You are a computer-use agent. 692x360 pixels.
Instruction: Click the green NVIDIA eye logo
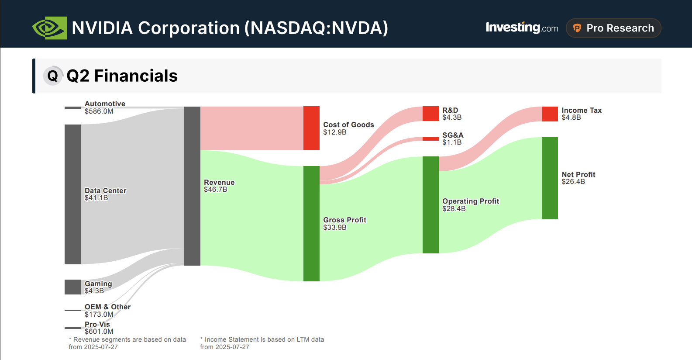(49, 28)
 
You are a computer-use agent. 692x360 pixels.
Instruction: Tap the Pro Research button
(613, 28)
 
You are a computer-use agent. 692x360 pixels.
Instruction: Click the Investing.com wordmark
(521, 28)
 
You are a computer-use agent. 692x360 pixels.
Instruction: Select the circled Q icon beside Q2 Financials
(53, 76)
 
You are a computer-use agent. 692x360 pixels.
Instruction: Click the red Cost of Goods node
(311, 128)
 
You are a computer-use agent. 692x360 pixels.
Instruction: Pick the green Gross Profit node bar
(311, 223)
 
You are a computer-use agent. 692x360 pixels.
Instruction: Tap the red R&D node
(430, 114)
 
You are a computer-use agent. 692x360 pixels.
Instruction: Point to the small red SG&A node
(430, 138)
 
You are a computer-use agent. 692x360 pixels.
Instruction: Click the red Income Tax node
(550, 114)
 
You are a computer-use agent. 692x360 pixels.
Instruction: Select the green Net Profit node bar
(550, 178)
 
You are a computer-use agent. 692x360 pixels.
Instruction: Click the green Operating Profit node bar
(430, 204)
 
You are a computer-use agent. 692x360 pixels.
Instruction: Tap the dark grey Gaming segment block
(72, 287)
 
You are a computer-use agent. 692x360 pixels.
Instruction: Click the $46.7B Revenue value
(215, 190)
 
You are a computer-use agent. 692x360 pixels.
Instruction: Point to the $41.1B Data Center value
(96, 198)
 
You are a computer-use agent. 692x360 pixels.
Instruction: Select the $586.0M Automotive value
(99, 111)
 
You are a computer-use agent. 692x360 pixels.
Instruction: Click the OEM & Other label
(107, 307)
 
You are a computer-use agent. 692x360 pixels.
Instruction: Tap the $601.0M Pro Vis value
(99, 332)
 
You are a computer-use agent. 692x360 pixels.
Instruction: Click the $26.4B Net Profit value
(573, 182)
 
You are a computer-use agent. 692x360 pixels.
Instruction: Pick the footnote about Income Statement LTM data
(262, 343)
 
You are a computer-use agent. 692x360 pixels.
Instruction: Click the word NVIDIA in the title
(102, 28)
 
